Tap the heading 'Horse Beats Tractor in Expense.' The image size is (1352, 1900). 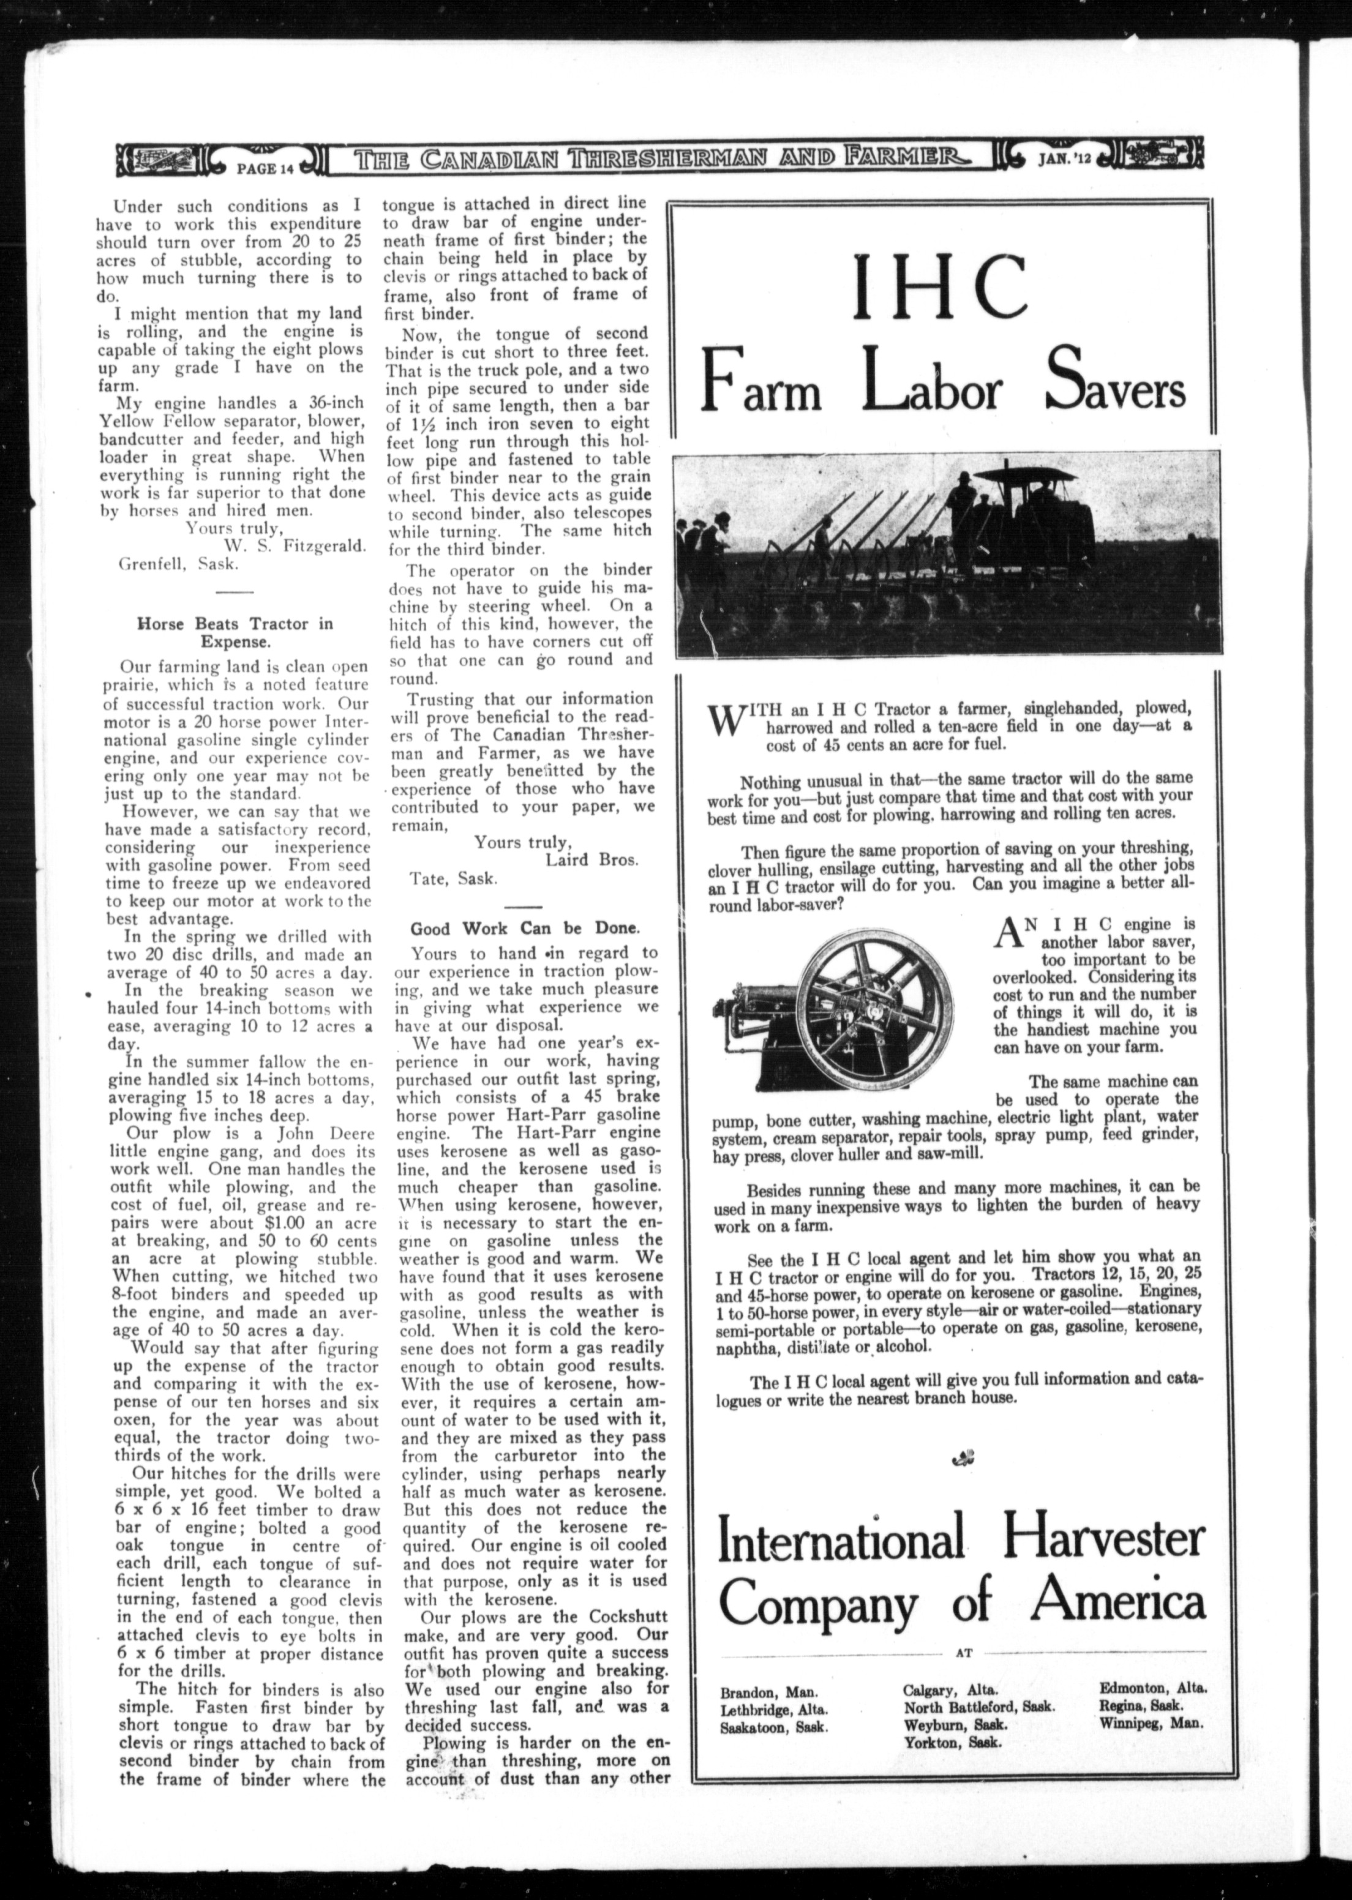tap(234, 632)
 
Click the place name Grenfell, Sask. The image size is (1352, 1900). tap(178, 563)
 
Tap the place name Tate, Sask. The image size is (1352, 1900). tap(454, 878)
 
